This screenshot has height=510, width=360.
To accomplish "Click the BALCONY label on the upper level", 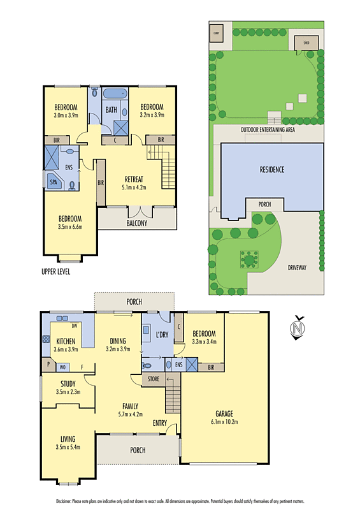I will coord(136,223).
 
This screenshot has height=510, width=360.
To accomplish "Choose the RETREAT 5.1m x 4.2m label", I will coord(134,183).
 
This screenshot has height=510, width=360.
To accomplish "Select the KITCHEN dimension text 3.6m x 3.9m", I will coord(67,349).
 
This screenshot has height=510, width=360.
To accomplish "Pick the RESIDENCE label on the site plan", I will coord(271,170).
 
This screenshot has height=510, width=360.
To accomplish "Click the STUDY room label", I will coord(68,384).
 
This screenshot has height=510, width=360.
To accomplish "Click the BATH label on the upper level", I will coord(111,110).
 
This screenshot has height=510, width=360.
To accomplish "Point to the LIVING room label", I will coord(68,439).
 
